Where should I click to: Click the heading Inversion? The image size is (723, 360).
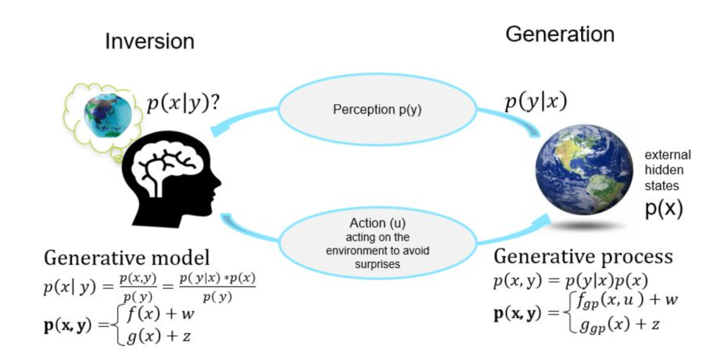pos(150,42)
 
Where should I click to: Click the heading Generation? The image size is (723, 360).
pos(560,34)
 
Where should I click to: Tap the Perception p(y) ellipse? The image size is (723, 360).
pos(377,111)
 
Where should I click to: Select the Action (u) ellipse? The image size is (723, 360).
pos(377,244)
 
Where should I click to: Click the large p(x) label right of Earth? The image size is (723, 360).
pos(663,208)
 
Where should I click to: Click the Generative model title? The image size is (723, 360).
pos(127,258)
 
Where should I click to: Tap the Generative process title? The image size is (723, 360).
pos(583,256)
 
